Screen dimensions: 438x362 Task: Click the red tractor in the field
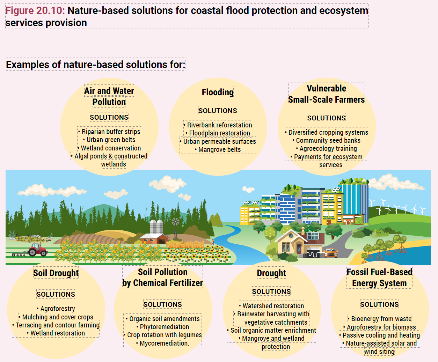(x=38, y=250)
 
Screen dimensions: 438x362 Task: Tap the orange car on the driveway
(x=331, y=253)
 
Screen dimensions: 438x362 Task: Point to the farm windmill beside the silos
(x=175, y=229)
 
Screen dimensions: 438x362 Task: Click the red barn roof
(x=154, y=236)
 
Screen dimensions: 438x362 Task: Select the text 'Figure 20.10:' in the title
(x=35, y=10)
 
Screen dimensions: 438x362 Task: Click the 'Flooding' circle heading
(x=218, y=92)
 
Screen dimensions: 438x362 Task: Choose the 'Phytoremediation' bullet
(x=163, y=327)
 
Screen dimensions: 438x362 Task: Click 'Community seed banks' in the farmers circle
(x=326, y=140)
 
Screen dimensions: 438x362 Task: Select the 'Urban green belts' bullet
(x=109, y=140)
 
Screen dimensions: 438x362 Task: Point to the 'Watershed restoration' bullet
(x=271, y=306)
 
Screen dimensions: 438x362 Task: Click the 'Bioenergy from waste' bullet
(x=379, y=319)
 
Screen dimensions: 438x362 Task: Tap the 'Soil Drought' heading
(x=56, y=273)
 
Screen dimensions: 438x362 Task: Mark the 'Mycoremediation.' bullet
(x=163, y=343)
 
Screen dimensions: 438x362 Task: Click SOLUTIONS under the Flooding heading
(x=218, y=111)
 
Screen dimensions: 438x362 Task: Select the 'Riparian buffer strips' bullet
(x=109, y=132)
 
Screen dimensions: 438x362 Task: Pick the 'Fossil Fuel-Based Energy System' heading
(x=379, y=278)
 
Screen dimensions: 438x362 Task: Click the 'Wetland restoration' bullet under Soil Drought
(x=56, y=333)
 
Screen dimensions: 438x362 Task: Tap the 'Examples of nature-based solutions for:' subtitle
(x=96, y=64)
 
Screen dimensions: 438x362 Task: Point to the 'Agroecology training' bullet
(x=326, y=149)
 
